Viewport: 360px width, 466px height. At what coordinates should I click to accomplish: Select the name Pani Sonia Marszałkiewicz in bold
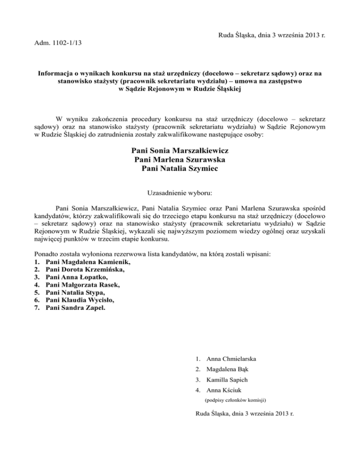click(180, 151)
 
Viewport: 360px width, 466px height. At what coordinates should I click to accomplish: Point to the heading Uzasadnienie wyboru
click(180, 193)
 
